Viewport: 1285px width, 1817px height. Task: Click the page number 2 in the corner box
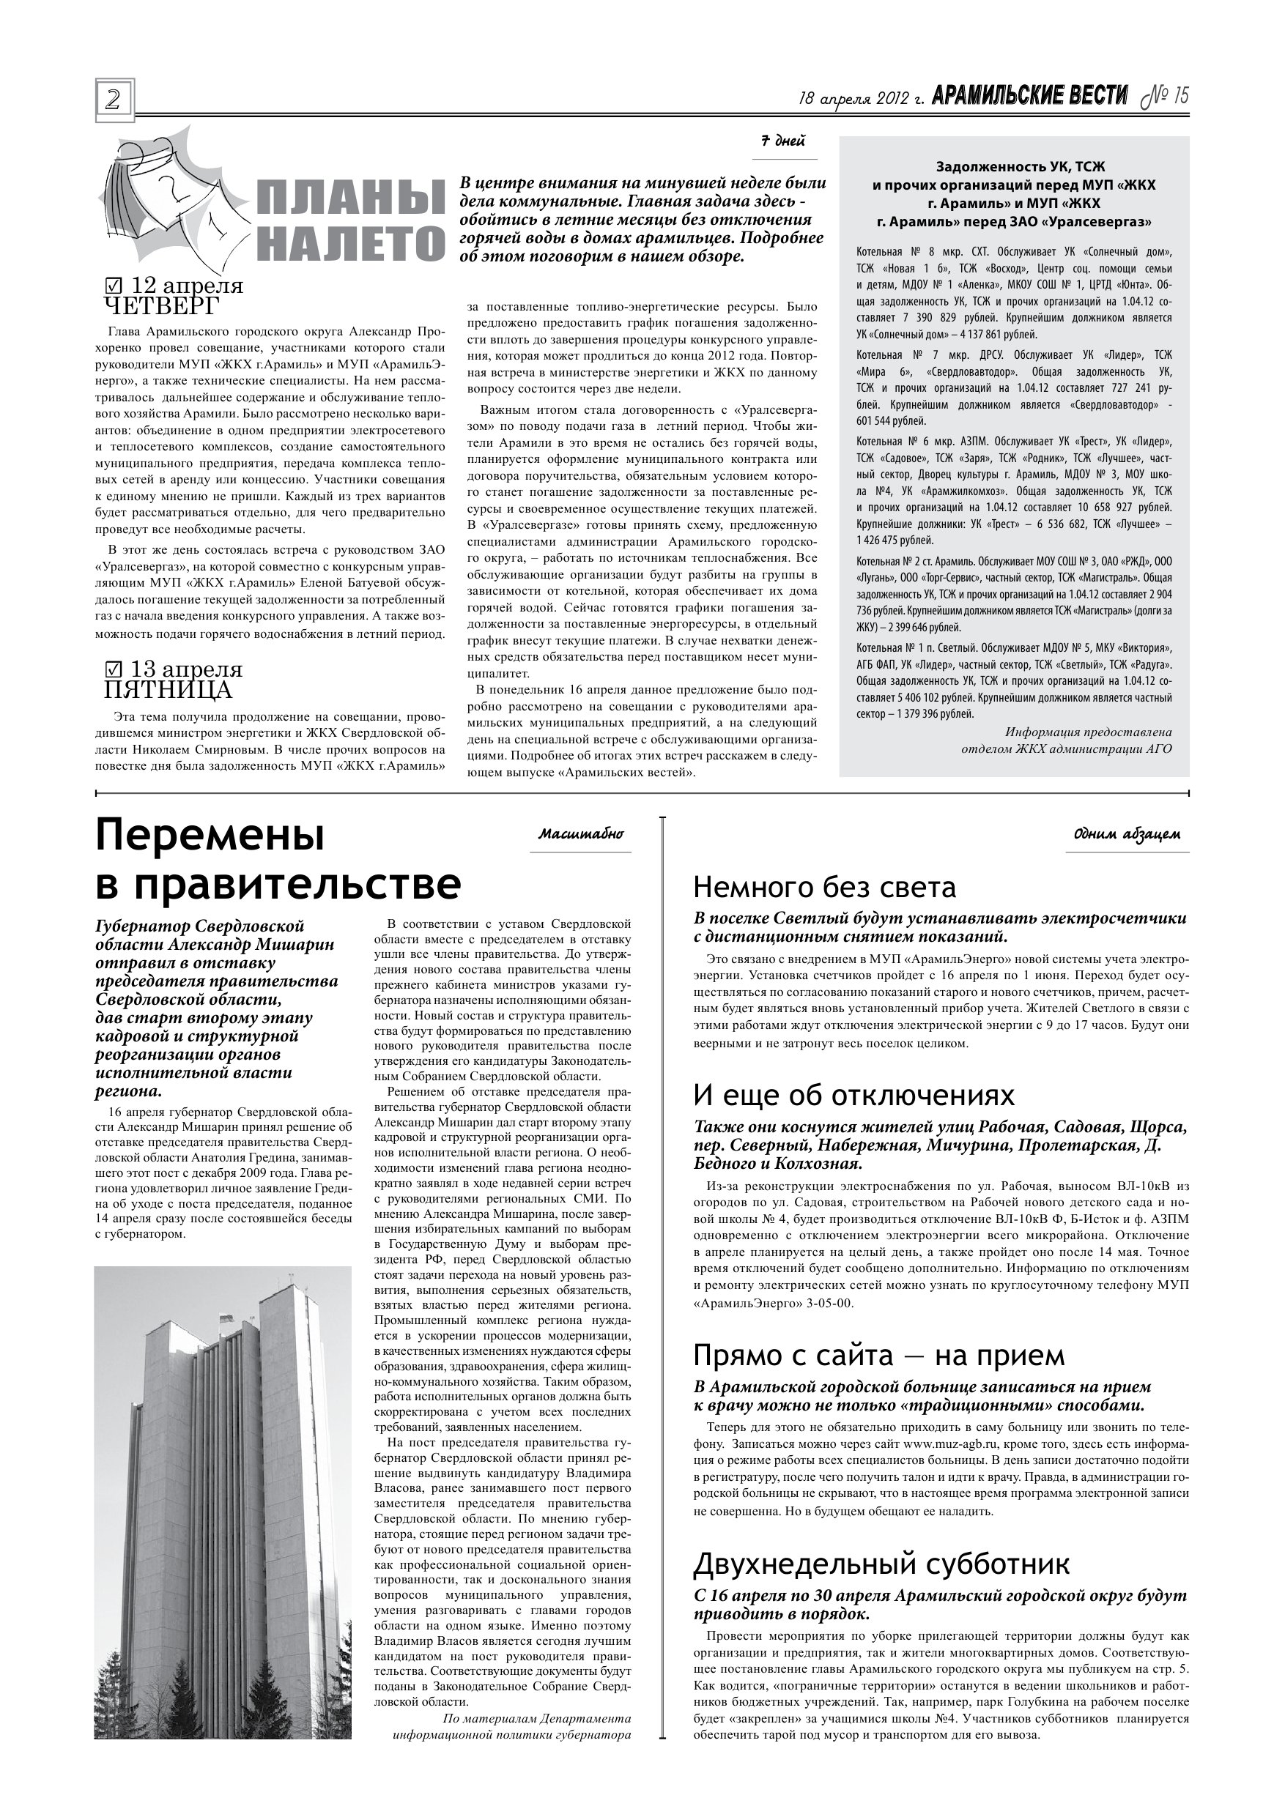[x=114, y=100]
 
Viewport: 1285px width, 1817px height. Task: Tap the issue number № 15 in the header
[x=1165, y=97]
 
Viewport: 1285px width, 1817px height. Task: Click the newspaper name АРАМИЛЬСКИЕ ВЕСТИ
[x=1029, y=97]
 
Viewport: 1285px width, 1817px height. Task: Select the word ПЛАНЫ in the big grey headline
[x=352, y=198]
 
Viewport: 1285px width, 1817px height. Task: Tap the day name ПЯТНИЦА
[x=168, y=690]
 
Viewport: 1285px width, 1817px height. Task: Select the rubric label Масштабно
[x=580, y=834]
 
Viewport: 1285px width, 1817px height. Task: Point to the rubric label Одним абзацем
[x=1127, y=834]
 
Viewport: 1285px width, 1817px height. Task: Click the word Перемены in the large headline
[x=210, y=836]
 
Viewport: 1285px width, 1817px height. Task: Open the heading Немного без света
[x=824, y=887]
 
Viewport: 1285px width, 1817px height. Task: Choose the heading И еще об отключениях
[x=853, y=1096]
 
